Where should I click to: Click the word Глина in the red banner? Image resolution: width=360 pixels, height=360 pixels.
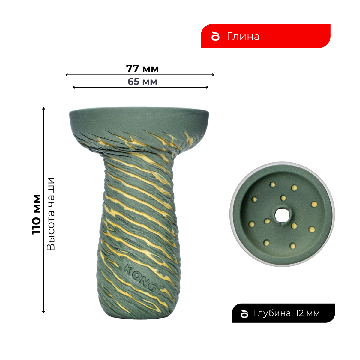243,36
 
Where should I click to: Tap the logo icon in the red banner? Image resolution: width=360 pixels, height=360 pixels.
215,36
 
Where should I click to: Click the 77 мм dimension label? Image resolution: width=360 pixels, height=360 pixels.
142,69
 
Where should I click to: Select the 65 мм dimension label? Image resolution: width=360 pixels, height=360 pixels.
142,82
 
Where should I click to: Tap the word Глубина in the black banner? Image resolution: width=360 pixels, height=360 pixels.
272,313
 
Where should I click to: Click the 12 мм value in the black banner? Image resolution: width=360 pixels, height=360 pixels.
308,313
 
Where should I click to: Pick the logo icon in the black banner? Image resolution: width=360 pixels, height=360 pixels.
245,313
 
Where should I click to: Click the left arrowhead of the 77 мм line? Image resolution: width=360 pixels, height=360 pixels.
66,75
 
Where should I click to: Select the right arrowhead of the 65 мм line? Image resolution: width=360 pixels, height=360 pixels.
208,87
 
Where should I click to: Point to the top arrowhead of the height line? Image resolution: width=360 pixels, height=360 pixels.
44,108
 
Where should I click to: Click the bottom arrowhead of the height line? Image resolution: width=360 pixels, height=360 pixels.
44,312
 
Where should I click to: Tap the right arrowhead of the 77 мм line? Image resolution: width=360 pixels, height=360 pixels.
213,75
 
